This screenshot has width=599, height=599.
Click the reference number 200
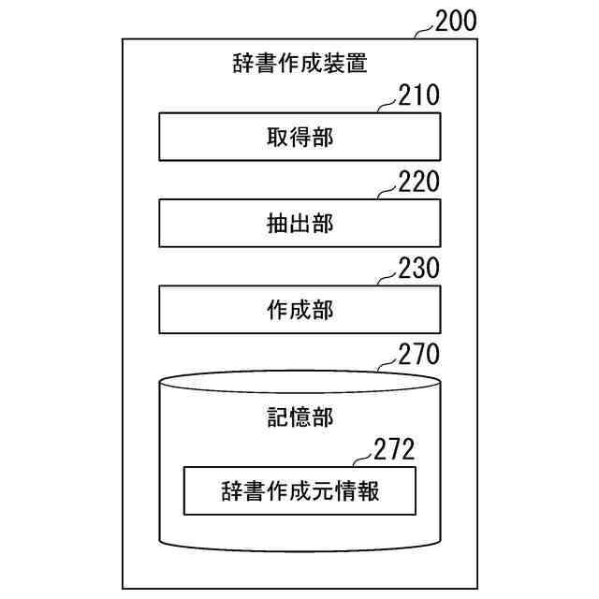pos(456,20)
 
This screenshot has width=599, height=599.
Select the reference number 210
pos(418,96)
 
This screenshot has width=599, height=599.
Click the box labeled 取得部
pos(299,138)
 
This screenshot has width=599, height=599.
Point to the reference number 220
pos(418,182)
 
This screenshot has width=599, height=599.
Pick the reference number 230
pos(418,269)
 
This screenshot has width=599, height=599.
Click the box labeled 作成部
pos(299,310)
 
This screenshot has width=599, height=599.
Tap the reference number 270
pos(418,355)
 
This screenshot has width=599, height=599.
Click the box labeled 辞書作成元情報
pos(299,490)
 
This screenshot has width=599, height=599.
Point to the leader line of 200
pos(425,31)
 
